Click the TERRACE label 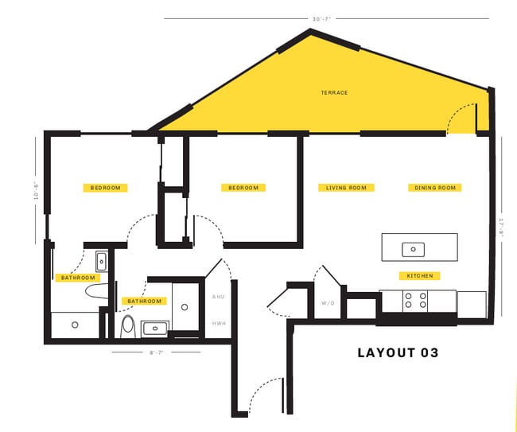334,93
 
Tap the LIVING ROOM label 346,188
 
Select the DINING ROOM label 435,188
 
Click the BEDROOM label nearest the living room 243,188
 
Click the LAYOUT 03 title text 398,352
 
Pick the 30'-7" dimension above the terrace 322,18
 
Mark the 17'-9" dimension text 500,228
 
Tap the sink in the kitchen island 413,250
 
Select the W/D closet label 328,303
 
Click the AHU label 218,297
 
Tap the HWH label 218,323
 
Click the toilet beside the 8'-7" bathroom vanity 128,325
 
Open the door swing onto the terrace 461,120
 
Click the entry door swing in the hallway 266,395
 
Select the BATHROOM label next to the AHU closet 144,301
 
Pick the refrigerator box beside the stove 471,302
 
